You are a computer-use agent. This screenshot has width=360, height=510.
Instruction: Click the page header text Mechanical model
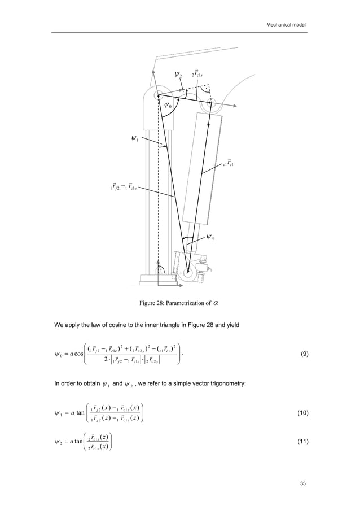(x=286, y=25)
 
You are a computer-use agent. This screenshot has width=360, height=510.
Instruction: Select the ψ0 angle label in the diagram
(x=168, y=105)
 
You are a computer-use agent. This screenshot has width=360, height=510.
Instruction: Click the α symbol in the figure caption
(x=217, y=303)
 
